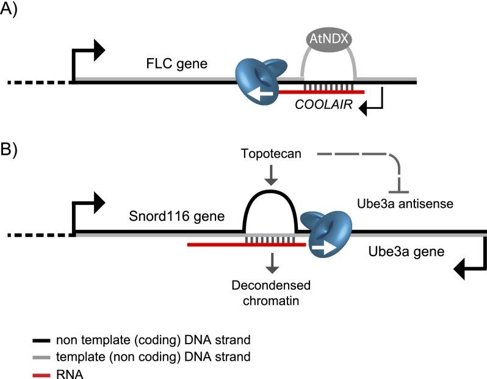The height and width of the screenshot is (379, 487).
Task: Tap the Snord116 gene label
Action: coord(176,218)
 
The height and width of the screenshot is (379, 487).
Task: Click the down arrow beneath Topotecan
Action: coord(272,178)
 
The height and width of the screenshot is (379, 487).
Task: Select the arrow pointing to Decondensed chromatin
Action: coord(272,261)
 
